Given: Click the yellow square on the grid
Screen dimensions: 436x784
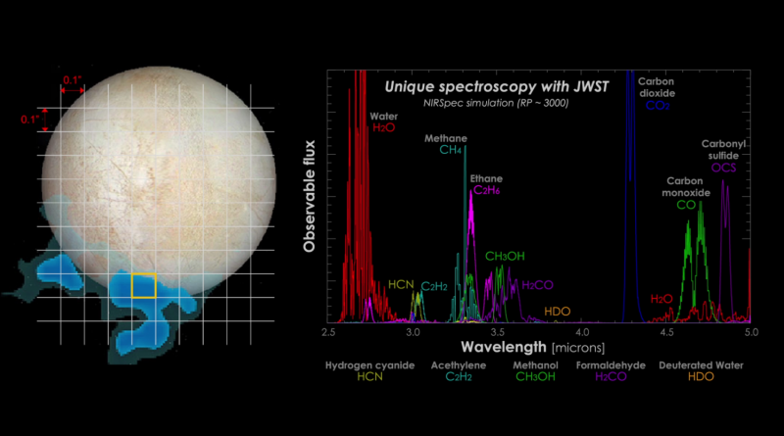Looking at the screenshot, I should pos(144,284).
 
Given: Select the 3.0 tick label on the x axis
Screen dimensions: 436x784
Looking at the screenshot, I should pos(413,333).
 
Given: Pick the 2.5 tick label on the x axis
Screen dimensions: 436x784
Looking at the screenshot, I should pos(328,333).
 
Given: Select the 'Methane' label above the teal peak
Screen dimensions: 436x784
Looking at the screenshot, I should pos(446,138).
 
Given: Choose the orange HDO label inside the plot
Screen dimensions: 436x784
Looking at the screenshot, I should pos(558,312).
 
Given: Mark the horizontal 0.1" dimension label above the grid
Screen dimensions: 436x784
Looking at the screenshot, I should pos(72,79).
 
